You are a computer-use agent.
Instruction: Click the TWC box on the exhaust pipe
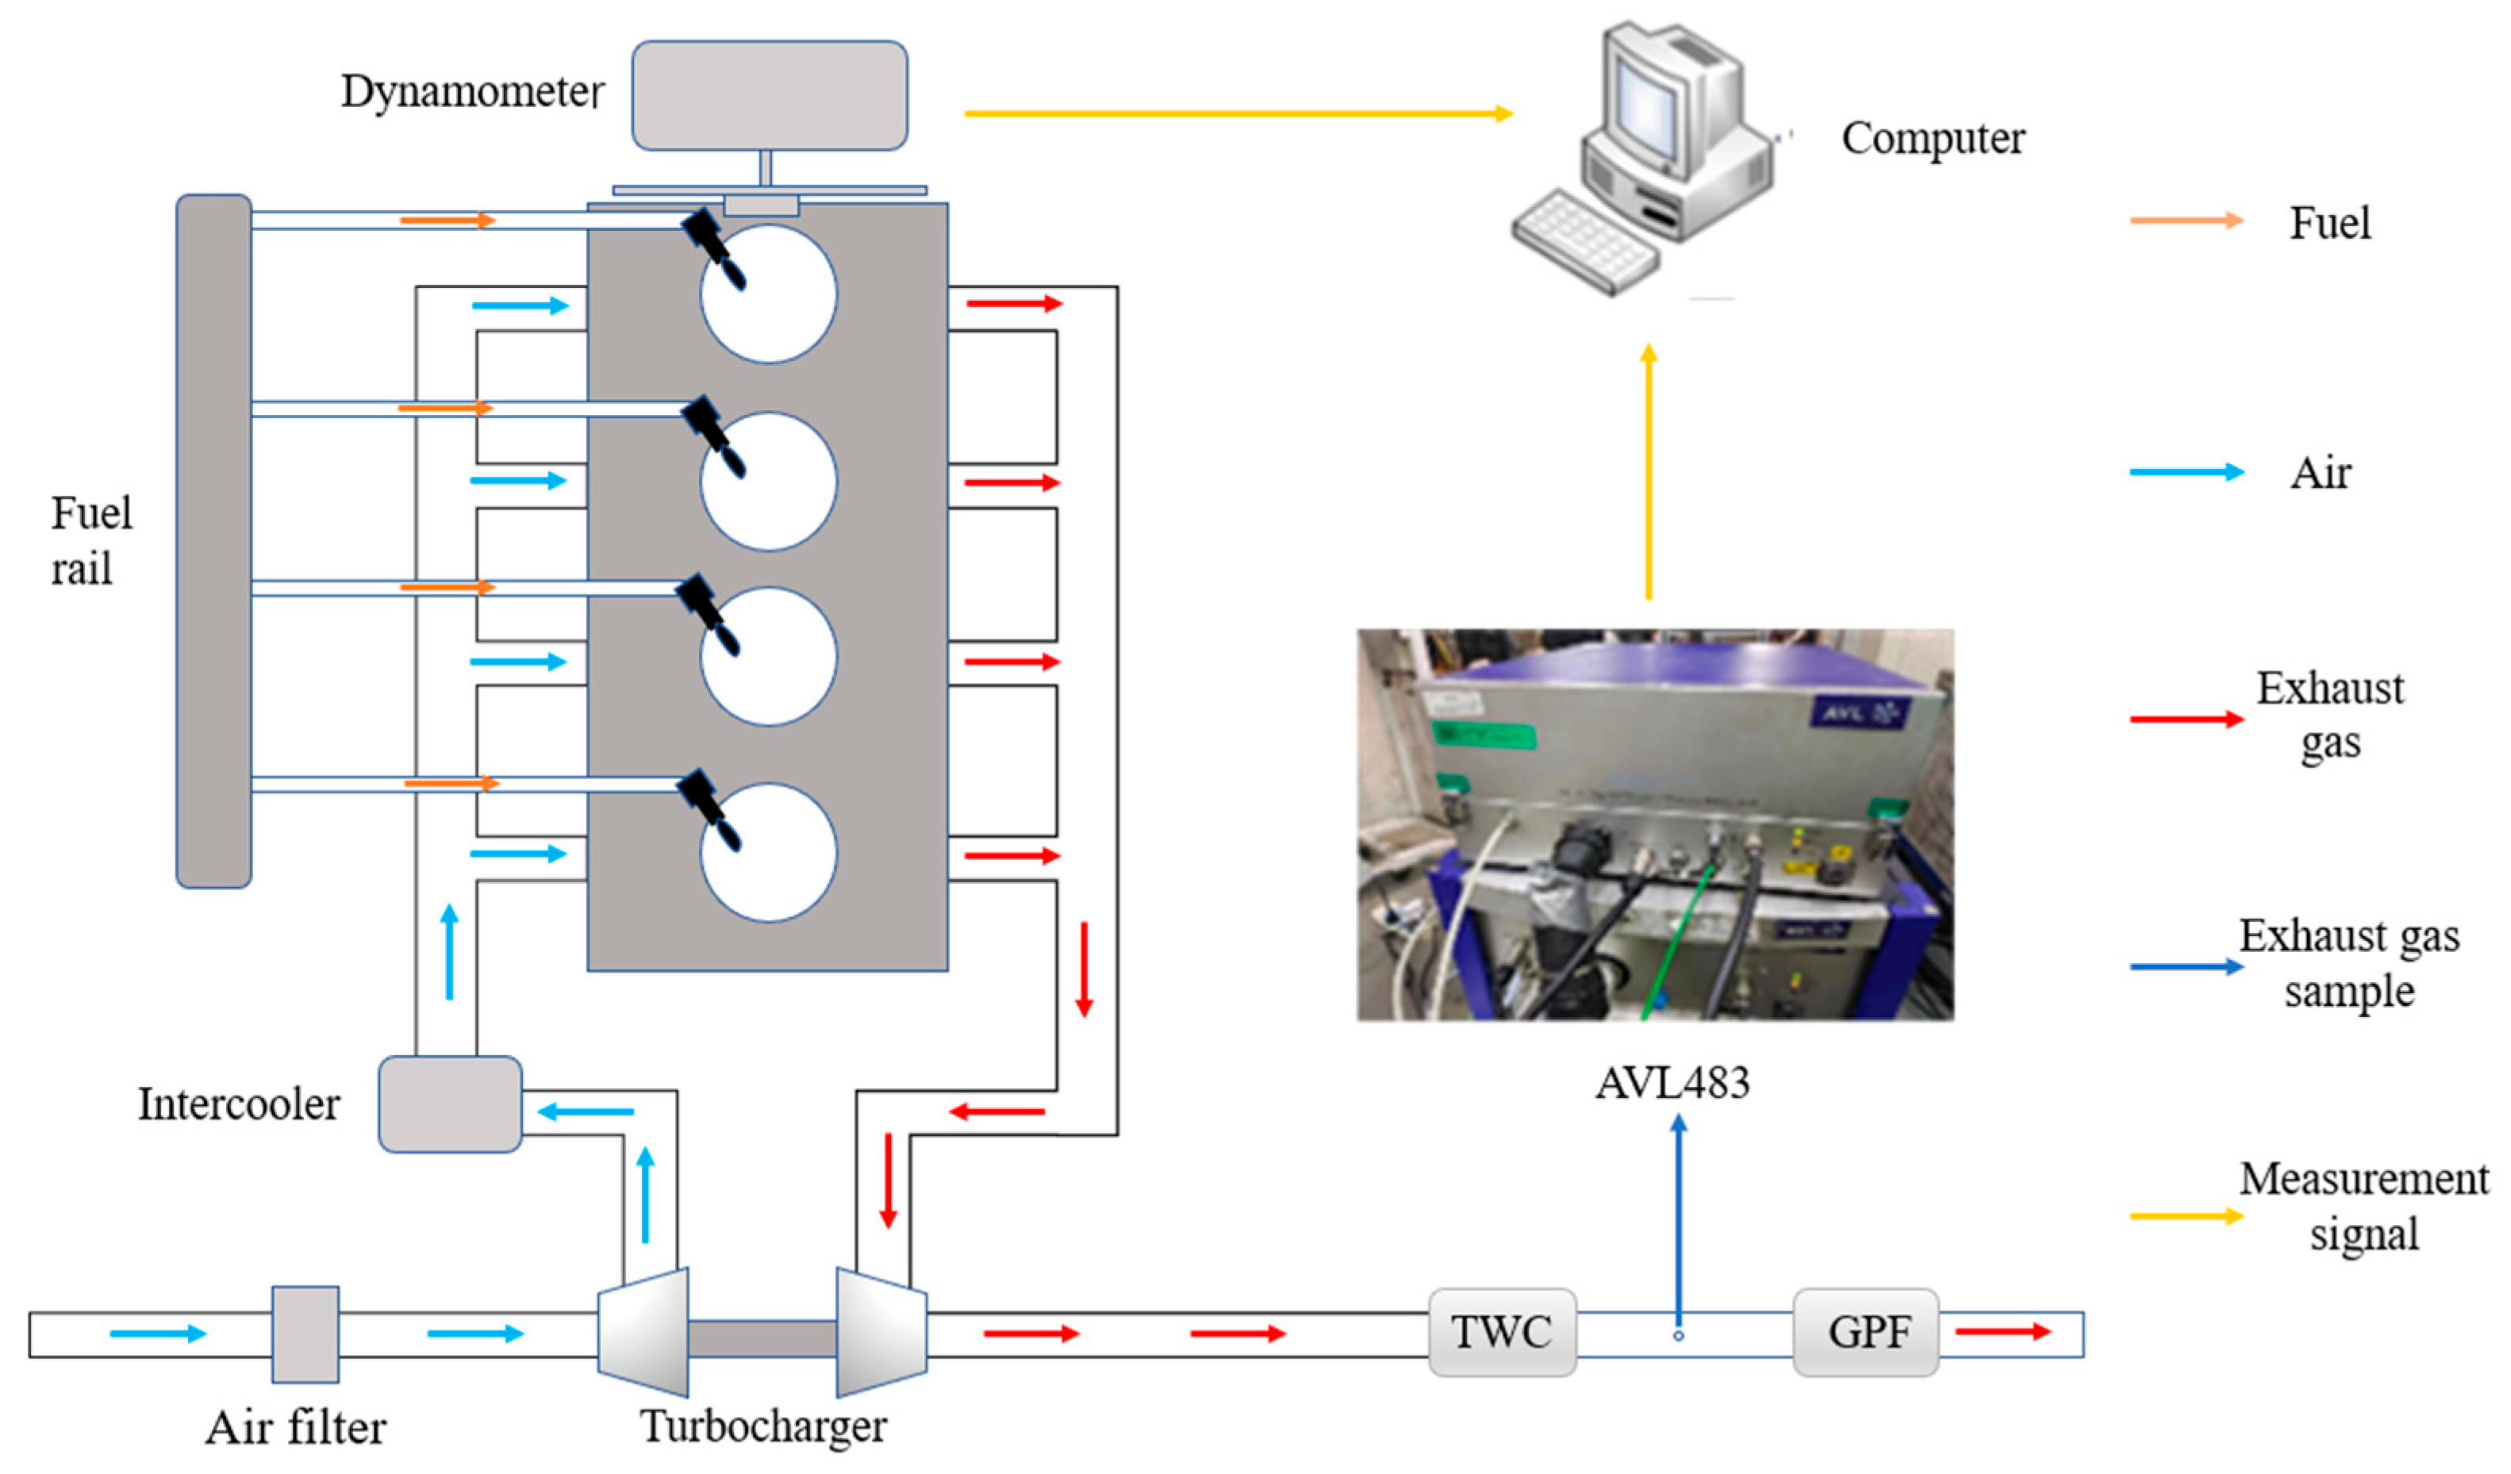pyautogui.click(x=1502, y=1333)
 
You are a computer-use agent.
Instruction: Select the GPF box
pyautogui.click(x=1865, y=1333)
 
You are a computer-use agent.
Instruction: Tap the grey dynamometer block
pyautogui.click(x=770, y=96)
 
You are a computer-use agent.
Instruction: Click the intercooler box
pyautogui.click(x=451, y=1104)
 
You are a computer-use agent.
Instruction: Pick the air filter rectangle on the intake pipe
pyautogui.click(x=306, y=1334)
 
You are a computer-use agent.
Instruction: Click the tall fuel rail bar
pyautogui.click(x=213, y=541)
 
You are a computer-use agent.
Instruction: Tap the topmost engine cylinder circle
pyautogui.click(x=768, y=293)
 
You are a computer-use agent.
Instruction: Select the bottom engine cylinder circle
pyautogui.click(x=768, y=852)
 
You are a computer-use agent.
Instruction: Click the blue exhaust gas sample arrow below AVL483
pyautogui.click(x=1679, y=1221)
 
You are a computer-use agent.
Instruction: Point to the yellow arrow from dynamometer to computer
pyautogui.click(x=1238, y=113)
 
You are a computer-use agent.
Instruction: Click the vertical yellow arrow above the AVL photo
pyautogui.click(x=1649, y=471)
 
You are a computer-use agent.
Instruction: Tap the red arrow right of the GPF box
pyautogui.click(x=2002, y=1331)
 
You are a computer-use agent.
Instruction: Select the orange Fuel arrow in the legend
pyautogui.click(x=2187, y=221)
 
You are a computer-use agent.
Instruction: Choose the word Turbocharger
pyautogui.click(x=763, y=1427)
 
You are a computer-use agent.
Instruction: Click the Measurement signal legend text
pyautogui.click(x=2364, y=1207)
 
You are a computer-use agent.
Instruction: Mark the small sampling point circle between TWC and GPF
pyautogui.click(x=1679, y=1335)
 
